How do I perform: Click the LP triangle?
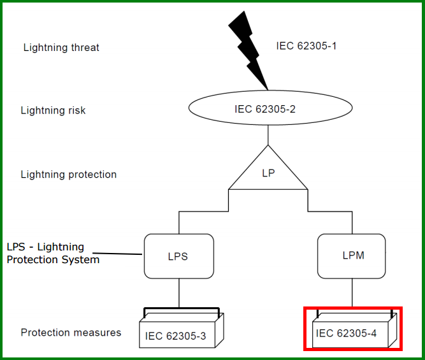pos(268,173)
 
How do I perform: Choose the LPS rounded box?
pos(178,256)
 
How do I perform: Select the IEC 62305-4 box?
pos(350,331)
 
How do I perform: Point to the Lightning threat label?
pos(61,47)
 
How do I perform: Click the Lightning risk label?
pos(53,110)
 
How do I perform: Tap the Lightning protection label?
pos(69,174)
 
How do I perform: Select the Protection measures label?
pos(71,333)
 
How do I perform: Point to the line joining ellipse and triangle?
pos(268,134)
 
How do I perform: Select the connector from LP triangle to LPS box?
pos(204,211)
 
